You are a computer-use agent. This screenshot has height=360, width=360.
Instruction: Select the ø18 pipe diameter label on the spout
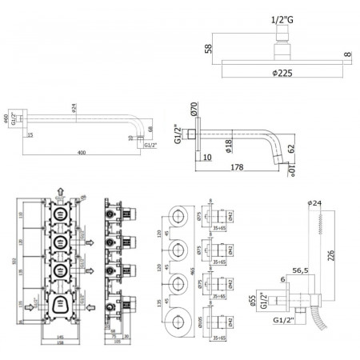(228, 145)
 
